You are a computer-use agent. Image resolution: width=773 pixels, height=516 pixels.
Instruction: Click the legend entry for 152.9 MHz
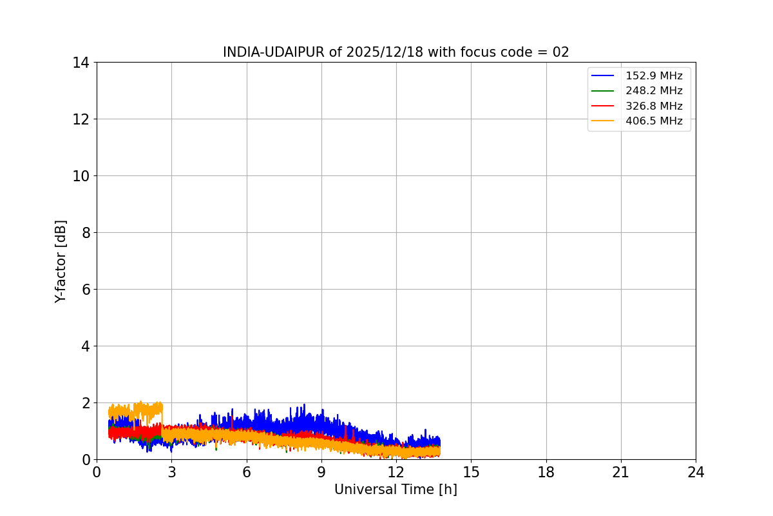coord(653,76)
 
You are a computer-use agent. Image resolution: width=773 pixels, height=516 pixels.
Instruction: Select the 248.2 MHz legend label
coord(653,91)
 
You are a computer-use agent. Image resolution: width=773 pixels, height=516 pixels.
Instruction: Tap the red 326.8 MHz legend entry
coord(653,106)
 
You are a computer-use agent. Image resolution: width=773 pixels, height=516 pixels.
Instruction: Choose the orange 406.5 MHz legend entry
coord(653,121)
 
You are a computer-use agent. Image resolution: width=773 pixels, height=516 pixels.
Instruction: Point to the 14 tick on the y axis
coord(81,63)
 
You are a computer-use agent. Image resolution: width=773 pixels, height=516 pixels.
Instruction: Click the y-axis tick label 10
coord(81,176)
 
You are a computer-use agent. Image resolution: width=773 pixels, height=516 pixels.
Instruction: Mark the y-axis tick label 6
coord(85,290)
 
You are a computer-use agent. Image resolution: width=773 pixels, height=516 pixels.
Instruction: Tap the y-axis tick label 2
coord(85,403)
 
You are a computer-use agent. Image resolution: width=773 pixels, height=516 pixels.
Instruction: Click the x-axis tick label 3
coord(171,472)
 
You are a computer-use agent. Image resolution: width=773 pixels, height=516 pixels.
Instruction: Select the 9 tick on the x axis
coord(321,472)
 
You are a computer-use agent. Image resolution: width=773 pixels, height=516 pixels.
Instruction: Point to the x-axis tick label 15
coord(471,472)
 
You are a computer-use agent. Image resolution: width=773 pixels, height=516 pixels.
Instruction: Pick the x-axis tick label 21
coord(621,472)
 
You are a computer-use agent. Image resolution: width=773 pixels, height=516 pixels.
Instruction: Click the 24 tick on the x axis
coord(696,472)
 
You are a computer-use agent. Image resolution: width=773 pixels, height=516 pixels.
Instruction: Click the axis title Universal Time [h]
coord(396,490)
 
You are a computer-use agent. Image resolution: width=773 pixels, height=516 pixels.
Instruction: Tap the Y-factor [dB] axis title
coord(61,261)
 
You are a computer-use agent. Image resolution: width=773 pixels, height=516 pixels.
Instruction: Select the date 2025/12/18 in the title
coord(385,52)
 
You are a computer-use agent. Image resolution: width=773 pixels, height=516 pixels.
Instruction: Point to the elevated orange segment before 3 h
coord(135,410)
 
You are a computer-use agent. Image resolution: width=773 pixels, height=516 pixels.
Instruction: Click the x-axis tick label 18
coord(546,472)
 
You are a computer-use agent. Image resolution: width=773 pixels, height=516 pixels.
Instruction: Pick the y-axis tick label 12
coord(81,119)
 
